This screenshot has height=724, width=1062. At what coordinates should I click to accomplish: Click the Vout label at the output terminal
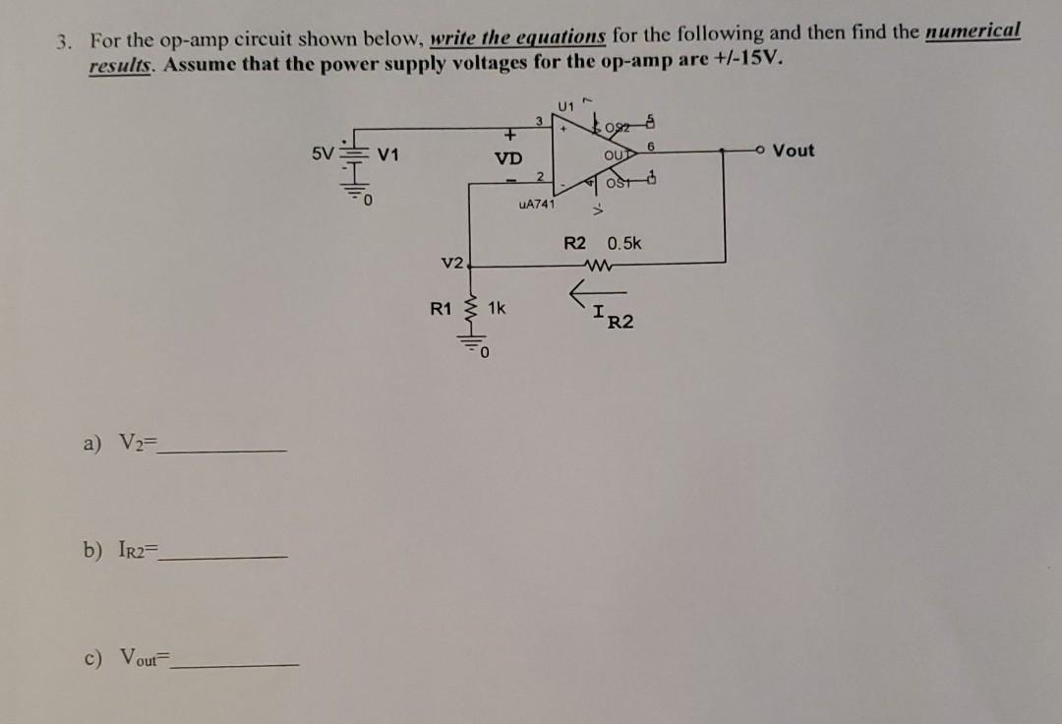click(x=794, y=151)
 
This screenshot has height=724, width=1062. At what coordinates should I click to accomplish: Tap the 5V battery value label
click(x=322, y=154)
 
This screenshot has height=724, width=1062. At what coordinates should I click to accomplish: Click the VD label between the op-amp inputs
click(x=508, y=158)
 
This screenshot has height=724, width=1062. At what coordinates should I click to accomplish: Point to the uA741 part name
click(x=536, y=205)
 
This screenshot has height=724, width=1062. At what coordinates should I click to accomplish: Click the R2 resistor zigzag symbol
click(x=597, y=263)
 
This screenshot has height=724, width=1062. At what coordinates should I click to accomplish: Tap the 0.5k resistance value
click(x=624, y=243)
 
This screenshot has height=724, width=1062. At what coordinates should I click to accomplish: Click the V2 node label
click(x=452, y=262)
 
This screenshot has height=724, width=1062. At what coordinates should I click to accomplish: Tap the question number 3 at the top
click(x=63, y=41)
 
